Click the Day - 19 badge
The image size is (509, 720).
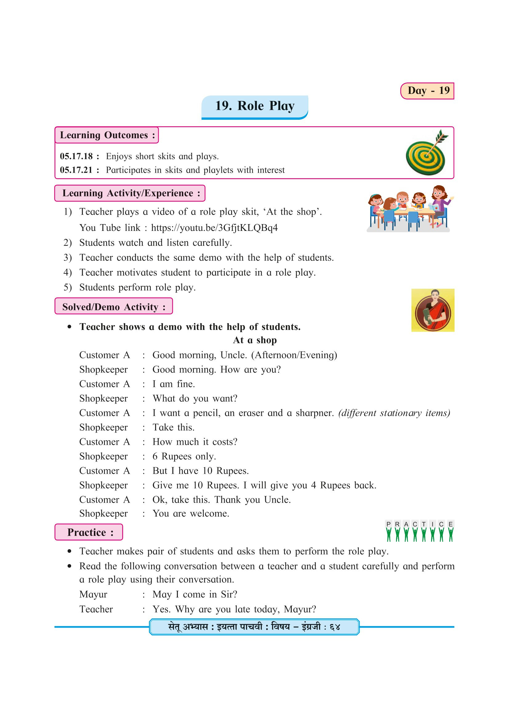click(427, 91)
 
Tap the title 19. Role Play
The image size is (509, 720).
click(254, 106)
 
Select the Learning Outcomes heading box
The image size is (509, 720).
click(107, 135)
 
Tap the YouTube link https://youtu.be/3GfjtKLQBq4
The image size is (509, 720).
click(214, 228)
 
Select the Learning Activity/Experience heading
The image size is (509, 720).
click(130, 193)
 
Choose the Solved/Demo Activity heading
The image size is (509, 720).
click(114, 307)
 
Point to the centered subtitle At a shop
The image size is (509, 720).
click(254, 340)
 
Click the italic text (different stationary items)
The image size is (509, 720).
click(394, 413)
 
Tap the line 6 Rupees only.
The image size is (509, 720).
click(184, 456)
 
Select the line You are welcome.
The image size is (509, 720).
click(190, 513)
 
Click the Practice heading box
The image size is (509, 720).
click(89, 532)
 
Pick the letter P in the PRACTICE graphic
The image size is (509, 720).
click(389, 524)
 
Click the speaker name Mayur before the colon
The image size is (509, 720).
click(93, 594)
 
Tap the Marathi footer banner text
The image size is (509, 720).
click(254, 627)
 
